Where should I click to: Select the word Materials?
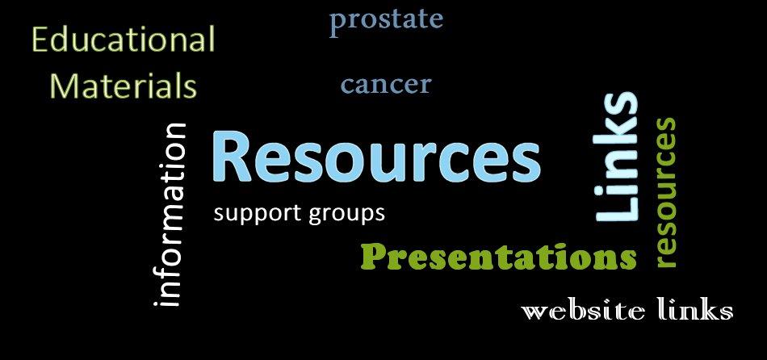124,86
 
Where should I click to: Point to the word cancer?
386,85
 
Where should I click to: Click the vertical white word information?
170,216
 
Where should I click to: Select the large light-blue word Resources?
376,156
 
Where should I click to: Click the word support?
258,214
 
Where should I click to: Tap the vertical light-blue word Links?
616,157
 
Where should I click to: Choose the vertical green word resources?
665,193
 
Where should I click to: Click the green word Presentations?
499,257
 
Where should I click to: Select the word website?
582,312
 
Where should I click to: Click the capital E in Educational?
40,40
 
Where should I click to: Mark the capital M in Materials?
65,86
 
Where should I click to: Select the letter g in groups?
316,216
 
